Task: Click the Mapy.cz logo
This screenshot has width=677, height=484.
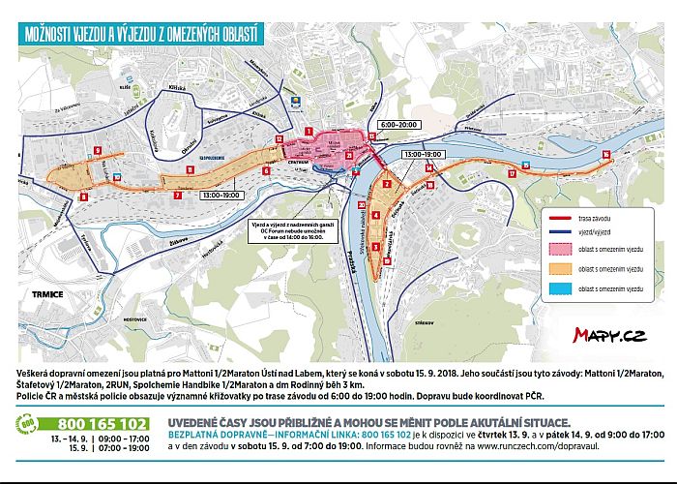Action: coord(608,335)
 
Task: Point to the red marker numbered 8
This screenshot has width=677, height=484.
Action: coord(83,197)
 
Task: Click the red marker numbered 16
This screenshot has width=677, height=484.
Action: coord(605,154)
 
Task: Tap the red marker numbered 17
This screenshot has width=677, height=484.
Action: coord(511,173)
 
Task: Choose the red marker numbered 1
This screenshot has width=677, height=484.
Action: coord(309,130)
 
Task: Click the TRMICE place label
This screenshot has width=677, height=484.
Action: coord(46,293)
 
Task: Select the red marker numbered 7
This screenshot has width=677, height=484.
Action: coord(177,196)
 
